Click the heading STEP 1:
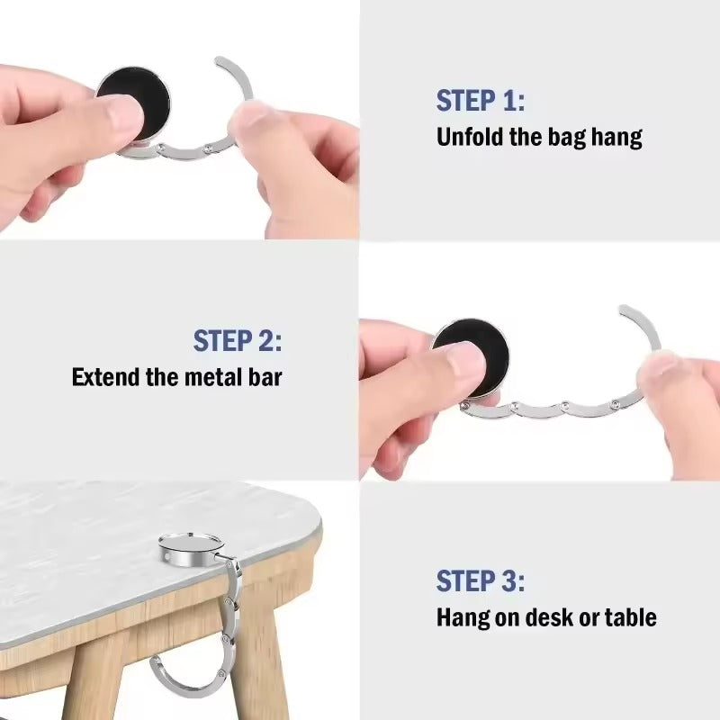pos(480,101)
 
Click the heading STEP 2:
pos(238,341)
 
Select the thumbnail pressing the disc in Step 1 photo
pos(121,115)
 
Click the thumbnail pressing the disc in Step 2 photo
pos(463,363)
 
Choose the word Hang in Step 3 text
pos(462,617)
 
